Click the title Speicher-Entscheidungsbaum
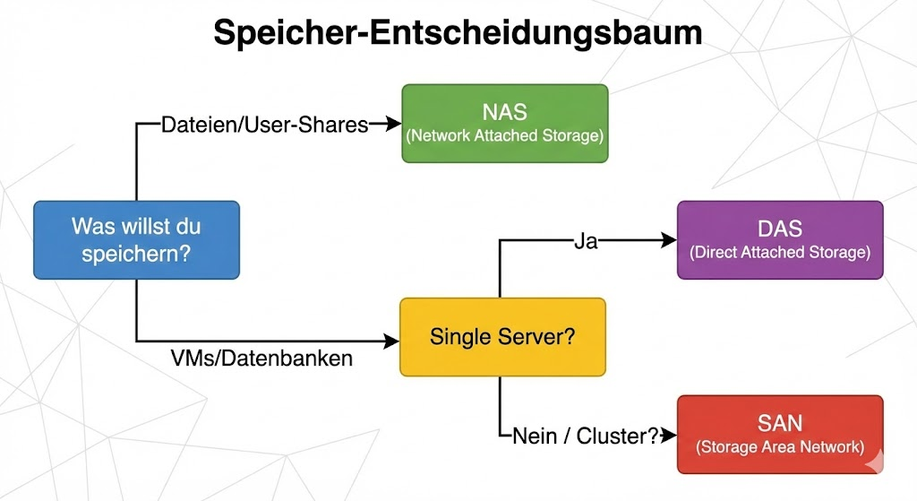click(x=458, y=33)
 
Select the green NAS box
click(x=504, y=123)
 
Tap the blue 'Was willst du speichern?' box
click(x=136, y=239)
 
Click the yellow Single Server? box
click(x=502, y=337)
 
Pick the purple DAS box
click(x=779, y=240)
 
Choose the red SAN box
click(x=779, y=434)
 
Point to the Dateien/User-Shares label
click(x=264, y=125)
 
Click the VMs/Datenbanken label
click(x=261, y=358)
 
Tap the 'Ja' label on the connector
click(x=586, y=241)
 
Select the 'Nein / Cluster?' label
click(x=586, y=436)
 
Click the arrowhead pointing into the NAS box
click(x=392, y=124)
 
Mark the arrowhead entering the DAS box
click(x=668, y=240)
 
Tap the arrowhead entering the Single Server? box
click(x=391, y=341)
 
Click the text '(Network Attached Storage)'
click(x=504, y=136)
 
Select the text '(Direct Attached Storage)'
click(x=779, y=253)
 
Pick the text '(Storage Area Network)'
click(x=779, y=446)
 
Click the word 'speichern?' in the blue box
click(x=136, y=254)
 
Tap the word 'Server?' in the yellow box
click(x=544, y=337)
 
